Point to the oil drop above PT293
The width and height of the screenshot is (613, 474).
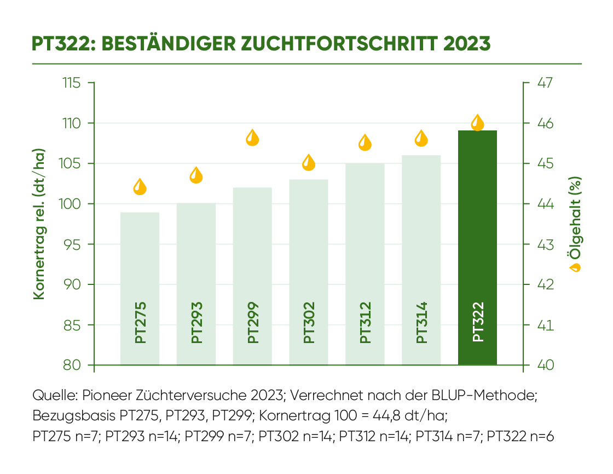click(196, 175)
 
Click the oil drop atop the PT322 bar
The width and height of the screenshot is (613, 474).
click(478, 122)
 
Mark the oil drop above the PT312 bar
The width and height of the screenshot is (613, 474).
click(365, 142)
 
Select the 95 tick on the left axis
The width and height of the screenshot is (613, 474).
click(74, 244)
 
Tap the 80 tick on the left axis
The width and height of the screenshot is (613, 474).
click(74, 365)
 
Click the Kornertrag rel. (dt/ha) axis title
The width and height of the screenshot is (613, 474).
click(39, 224)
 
